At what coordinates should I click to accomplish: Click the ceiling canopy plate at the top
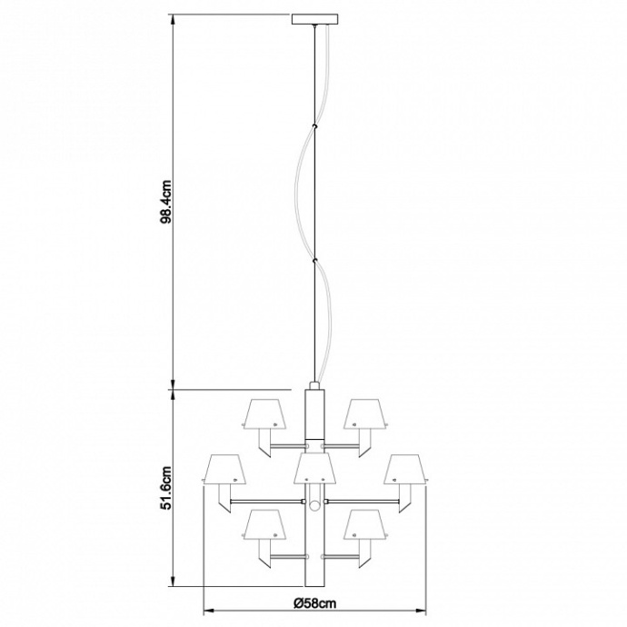coord(314,19)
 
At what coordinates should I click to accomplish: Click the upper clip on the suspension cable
coord(314,125)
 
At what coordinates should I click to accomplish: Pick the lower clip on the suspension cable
coord(314,263)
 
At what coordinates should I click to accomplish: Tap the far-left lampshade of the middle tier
coord(224,469)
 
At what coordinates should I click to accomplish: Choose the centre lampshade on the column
coord(314,469)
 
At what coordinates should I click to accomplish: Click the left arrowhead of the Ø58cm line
coord(206,610)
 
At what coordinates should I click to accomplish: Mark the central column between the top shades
coord(314,413)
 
